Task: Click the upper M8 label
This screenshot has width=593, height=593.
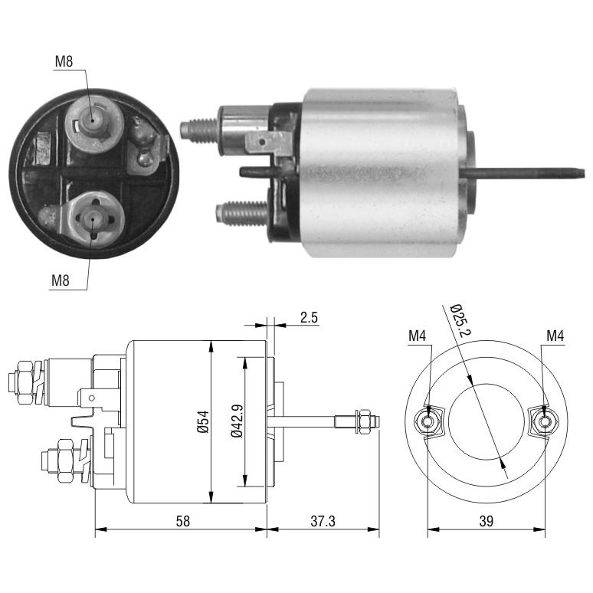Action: [64, 61]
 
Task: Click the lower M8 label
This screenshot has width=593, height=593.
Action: [61, 280]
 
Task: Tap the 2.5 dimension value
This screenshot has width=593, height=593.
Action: [309, 317]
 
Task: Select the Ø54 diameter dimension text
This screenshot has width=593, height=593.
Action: [204, 421]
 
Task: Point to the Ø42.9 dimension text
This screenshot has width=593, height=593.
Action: [238, 421]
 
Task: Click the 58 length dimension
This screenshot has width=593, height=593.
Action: [182, 521]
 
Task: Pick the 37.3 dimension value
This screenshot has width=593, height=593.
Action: [323, 521]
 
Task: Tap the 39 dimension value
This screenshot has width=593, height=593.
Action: [487, 521]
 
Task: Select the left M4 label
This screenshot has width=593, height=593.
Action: [417, 336]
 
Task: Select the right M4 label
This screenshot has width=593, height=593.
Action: [555, 336]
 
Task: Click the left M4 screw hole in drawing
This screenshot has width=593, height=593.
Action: [428, 421]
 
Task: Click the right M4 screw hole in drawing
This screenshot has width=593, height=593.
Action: [545, 421]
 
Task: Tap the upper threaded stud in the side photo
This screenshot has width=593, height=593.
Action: [199, 130]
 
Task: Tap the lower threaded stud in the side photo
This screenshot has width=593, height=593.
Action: [242, 213]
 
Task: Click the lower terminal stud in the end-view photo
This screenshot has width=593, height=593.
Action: [93, 218]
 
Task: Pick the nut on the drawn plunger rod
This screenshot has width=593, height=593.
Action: [365, 421]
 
